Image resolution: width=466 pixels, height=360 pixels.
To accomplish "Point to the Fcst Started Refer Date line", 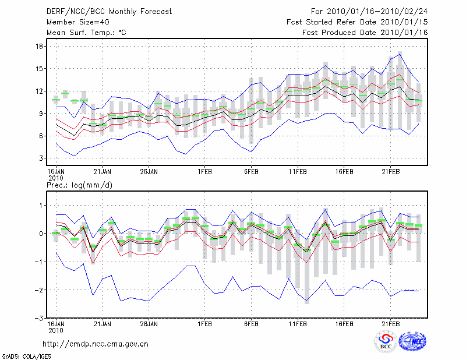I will point(357,22).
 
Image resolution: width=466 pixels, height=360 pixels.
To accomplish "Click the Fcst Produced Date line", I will point(365,33).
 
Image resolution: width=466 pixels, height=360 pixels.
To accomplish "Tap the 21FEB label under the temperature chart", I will point(391,172).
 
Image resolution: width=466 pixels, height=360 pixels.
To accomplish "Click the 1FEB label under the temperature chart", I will point(204,172).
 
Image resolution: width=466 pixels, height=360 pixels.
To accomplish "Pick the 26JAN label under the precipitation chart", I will point(149,323).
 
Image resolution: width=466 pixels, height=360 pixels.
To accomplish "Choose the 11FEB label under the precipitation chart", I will point(298,323).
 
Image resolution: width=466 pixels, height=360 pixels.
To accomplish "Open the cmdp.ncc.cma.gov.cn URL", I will point(96,344).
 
